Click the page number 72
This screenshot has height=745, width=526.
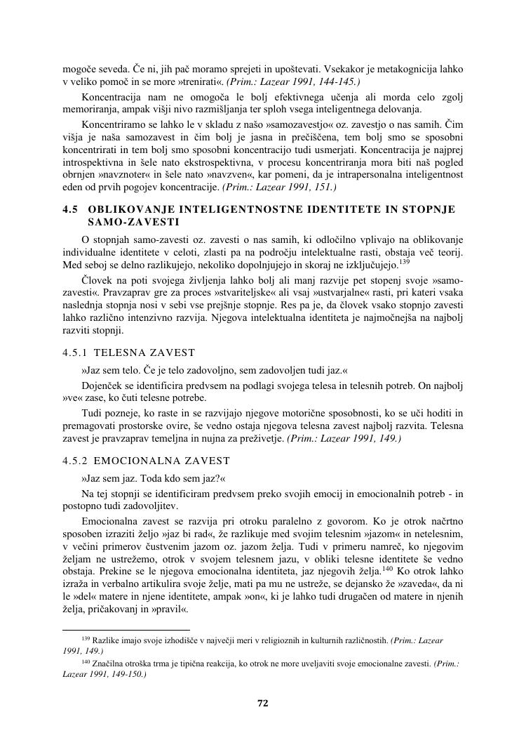(x=264, y=703)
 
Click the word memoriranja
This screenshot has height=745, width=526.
(x=93, y=110)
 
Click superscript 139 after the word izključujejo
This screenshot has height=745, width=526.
(x=404, y=262)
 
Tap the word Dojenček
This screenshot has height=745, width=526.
(x=102, y=385)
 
